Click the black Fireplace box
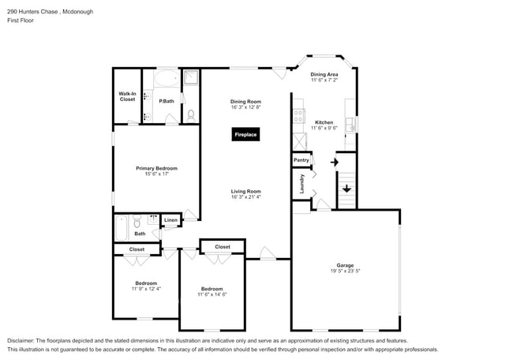pos(245,135)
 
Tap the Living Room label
pos(245,191)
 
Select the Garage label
pos(346,265)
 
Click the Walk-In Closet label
pos(127,96)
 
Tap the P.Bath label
pos(166,101)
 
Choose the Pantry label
pos(301,160)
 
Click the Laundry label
pos(301,184)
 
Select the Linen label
pos(170,220)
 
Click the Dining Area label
pos(324,74)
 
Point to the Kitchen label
pos(324,122)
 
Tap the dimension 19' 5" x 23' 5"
pos(346,271)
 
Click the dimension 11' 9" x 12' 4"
pos(145,289)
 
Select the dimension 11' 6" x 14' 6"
pos(212,294)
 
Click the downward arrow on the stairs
pos(346,189)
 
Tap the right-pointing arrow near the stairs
pos(335,163)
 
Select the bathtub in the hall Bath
pos(121,228)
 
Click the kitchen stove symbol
pos(298,115)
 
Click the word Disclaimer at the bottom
pos(23,340)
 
